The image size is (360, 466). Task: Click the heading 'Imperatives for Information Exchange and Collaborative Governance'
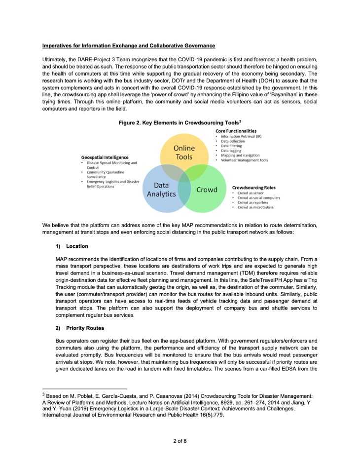click(x=129, y=46)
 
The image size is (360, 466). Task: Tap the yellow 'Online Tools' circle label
click(x=184, y=153)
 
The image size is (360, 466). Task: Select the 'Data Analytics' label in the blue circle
click(x=161, y=189)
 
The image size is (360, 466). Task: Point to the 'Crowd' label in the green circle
click(x=207, y=190)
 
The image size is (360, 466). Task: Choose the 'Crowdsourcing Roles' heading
click(x=253, y=188)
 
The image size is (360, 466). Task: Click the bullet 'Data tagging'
click(x=232, y=151)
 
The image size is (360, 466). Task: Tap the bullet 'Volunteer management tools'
click(x=244, y=160)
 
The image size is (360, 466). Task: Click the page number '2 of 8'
click(x=180, y=441)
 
